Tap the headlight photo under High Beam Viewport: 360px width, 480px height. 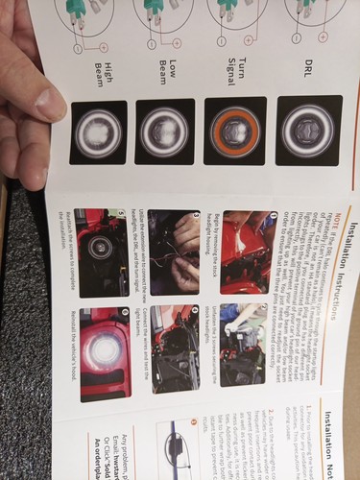98,132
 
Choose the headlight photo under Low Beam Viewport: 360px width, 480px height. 165,132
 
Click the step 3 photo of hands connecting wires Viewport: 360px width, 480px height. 174,241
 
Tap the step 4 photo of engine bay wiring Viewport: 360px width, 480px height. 174,335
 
